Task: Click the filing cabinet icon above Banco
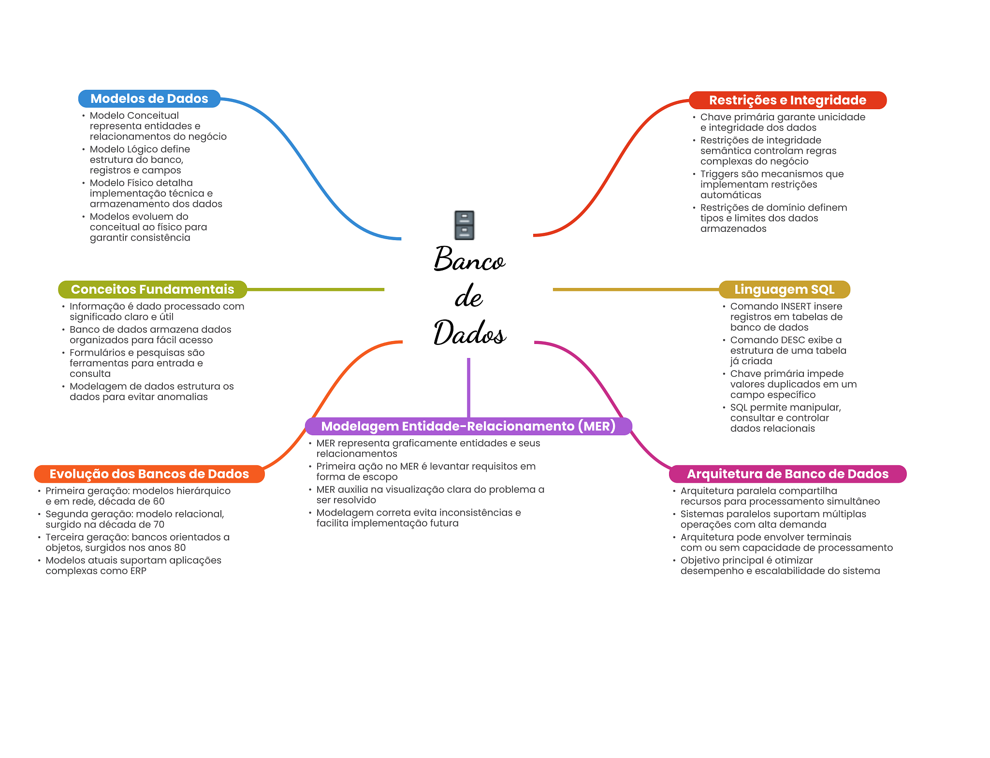click(x=464, y=225)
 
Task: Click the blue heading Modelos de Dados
click(x=149, y=99)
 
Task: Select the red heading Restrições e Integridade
click(x=787, y=100)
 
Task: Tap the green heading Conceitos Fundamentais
click(x=152, y=289)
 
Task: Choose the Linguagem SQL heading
click(x=784, y=289)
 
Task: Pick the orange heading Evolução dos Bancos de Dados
click(x=149, y=474)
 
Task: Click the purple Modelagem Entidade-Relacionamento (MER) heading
click(x=468, y=426)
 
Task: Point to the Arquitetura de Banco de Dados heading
click(x=787, y=474)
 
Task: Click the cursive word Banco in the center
click(x=469, y=259)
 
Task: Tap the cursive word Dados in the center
click(x=469, y=333)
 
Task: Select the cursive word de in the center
click(x=468, y=297)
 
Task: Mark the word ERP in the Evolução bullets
click(x=138, y=571)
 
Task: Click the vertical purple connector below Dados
click(x=468, y=386)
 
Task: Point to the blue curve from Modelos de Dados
click(x=309, y=169)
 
